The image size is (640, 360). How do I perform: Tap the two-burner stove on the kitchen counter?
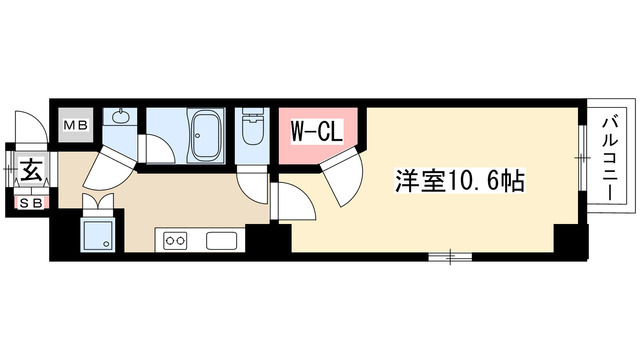(x=176, y=241)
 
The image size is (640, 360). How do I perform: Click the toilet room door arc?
(x=254, y=178)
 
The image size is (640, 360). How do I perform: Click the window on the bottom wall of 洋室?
(x=450, y=257)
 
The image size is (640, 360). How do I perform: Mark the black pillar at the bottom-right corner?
(x=566, y=241)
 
